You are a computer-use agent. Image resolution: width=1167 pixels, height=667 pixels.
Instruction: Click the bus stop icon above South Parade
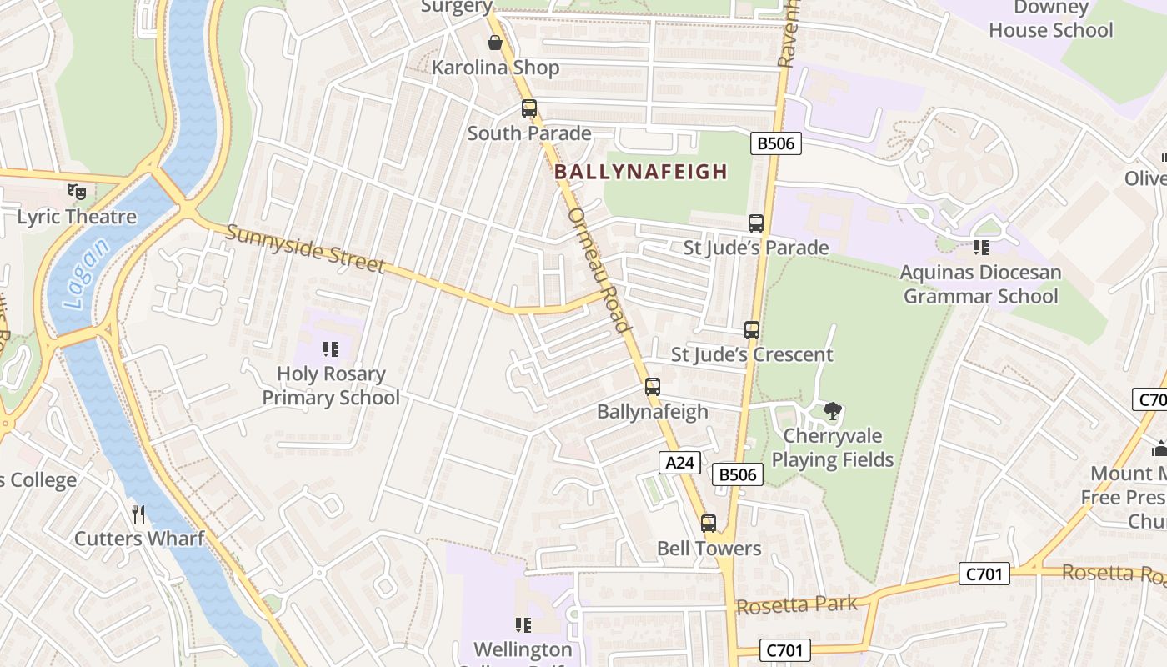click(528, 108)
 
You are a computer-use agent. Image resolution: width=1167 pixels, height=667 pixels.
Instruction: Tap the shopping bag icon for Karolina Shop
click(495, 43)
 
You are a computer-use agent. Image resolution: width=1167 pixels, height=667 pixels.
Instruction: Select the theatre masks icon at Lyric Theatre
click(77, 192)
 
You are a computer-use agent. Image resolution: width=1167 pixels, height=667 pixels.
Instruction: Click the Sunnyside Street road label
click(305, 249)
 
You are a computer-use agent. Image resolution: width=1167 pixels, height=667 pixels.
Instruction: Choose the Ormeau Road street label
click(598, 270)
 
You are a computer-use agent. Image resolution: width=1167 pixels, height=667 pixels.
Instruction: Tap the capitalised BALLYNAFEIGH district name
click(640, 172)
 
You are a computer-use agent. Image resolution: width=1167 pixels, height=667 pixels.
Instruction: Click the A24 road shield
click(679, 463)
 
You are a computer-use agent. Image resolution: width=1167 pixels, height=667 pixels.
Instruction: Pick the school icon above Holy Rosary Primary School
click(330, 349)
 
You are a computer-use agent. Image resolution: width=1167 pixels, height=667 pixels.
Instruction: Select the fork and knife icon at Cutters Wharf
click(138, 514)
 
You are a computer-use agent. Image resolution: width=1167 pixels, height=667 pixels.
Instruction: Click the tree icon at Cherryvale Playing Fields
click(832, 411)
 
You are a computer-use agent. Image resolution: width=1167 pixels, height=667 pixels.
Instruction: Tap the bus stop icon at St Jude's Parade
click(756, 223)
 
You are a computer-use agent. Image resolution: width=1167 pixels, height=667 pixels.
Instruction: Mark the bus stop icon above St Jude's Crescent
click(752, 330)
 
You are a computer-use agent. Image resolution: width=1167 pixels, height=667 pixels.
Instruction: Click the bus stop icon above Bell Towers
click(709, 524)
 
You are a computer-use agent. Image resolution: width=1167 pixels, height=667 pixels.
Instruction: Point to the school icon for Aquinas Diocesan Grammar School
click(980, 248)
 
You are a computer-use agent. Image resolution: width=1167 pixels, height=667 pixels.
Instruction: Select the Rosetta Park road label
click(797, 605)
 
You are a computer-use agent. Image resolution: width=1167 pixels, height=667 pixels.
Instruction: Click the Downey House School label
click(1050, 19)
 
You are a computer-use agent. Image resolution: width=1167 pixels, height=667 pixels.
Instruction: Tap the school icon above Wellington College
click(523, 624)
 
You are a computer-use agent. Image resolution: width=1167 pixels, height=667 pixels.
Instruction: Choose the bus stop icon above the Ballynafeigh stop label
click(653, 387)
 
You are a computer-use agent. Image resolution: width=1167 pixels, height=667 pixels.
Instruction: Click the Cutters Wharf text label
click(139, 539)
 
